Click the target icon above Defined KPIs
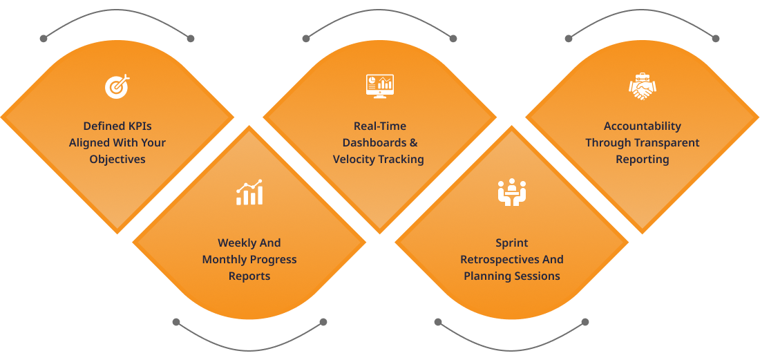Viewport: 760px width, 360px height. tap(117, 86)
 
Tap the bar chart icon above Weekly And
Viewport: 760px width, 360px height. tap(249, 193)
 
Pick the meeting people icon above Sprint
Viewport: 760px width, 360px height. tap(512, 193)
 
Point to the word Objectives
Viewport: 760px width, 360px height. tap(117, 159)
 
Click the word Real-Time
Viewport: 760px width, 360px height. tap(380, 126)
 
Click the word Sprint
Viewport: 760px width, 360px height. tap(512, 243)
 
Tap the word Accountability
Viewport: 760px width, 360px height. tap(643, 126)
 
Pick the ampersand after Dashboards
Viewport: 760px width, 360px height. tap(413, 142)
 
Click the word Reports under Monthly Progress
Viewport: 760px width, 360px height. tap(249, 276)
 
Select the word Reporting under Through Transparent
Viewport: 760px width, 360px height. tap(643, 159)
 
